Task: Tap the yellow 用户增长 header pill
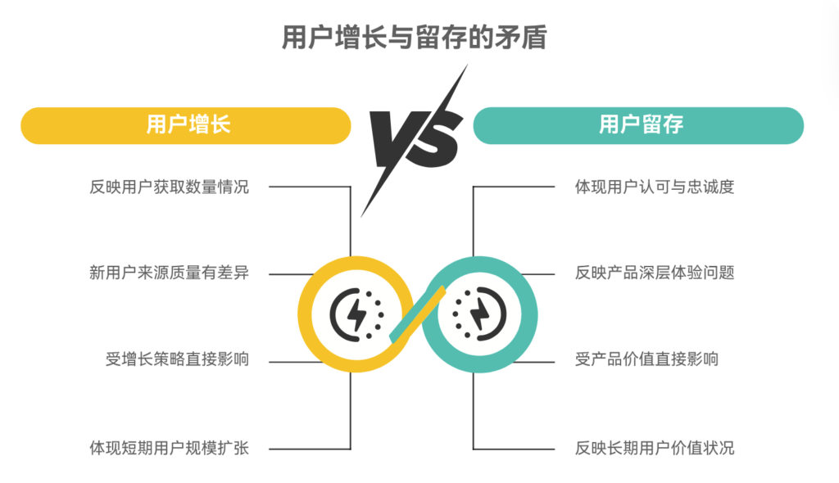coord(186,125)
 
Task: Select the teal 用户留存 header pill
coord(638,125)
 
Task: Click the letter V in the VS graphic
coord(393,134)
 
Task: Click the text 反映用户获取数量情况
coord(169,187)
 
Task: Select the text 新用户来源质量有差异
coord(169,273)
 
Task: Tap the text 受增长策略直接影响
coord(177,360)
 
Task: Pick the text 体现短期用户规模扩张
coord(169,448)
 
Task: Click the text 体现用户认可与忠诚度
coord(655,187)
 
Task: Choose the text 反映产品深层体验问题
coord(655,273)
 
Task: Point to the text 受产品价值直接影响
coord(646,360)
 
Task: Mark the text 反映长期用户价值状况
coord(655,448)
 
